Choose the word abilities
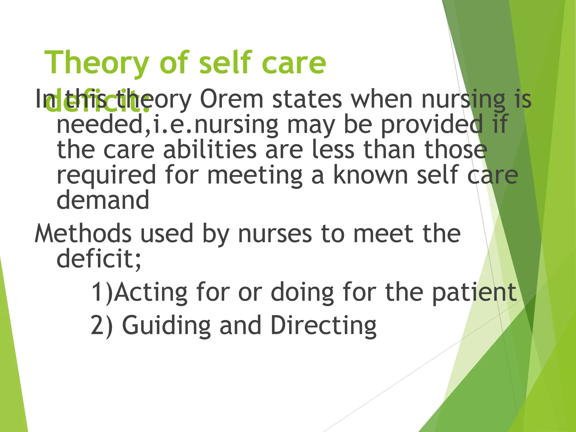click(210, 150)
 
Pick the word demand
click(103, 200)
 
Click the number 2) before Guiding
click(102, 325)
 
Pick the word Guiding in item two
click(166, 326)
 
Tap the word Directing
click(323, 326)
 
